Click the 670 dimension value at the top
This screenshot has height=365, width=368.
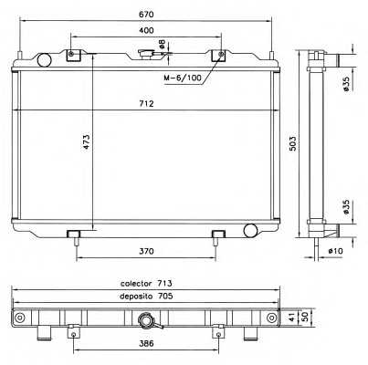pos(146,15)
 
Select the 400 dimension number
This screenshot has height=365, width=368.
pos(146,30)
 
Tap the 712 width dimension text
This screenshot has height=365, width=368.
pos(146,104)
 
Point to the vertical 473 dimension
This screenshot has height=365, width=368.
pos(87,141)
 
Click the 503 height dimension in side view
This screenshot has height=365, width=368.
pos(292,144)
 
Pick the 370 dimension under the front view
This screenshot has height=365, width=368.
pos(146,252)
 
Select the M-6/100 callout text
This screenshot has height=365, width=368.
pos(183,78)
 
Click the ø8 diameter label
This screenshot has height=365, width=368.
pos(163,44)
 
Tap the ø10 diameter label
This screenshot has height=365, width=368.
pos(335,251)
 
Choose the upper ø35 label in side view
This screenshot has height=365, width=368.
pos(345,84)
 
